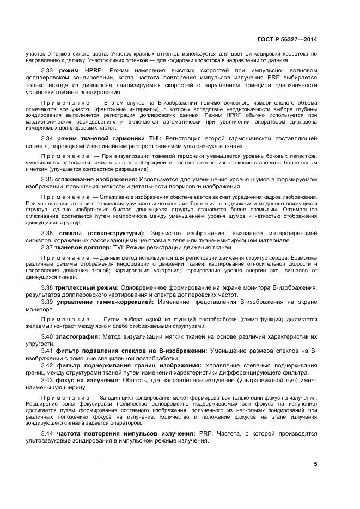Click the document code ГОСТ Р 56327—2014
[x=294, y=39]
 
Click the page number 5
[x=315, y=464]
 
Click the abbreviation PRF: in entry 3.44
[x=205, y=433]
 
